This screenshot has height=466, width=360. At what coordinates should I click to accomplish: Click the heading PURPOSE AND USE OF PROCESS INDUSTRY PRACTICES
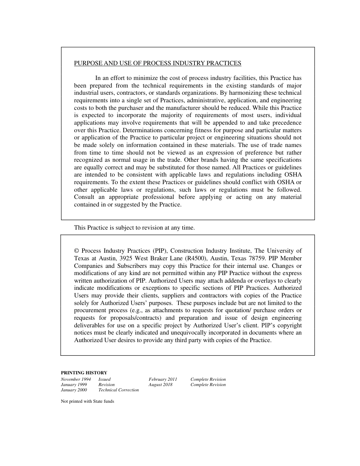click(x=157, y=63)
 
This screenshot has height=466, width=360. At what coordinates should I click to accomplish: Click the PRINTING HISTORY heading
click(x=84, y=373)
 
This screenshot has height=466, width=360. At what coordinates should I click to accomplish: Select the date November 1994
click(x=76, y=379)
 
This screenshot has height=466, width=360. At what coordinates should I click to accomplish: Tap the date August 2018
click(x=160, y=385)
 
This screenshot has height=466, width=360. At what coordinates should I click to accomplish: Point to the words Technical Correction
click(x=118, y=390)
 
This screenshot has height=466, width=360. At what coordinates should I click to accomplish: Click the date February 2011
click(x=163, y=379)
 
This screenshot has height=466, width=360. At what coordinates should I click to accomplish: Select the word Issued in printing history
click(x=104, y=379)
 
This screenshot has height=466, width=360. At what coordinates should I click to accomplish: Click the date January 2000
click(x=74, y=390)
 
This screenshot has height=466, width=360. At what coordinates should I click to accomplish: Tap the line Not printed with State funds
click(x=87, y=402)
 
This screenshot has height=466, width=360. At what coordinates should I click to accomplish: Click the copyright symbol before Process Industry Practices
click(x=77, y=251)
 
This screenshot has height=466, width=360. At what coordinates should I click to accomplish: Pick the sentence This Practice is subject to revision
click(x=134, y=228)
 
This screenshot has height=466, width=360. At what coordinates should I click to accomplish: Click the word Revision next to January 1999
click(x=106, y=385)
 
